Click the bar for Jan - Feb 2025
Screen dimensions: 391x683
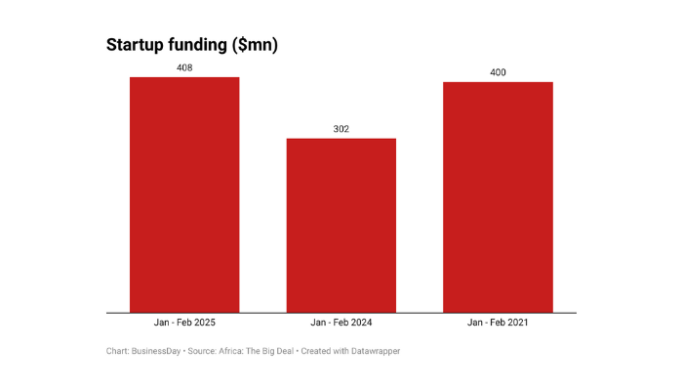(x=184, y=195)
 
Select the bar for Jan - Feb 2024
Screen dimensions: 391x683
(x=341, y=225)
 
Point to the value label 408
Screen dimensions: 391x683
(x=184, y=68)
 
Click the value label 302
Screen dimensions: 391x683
(x=341, y=129)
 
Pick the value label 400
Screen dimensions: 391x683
(x=498, y=72)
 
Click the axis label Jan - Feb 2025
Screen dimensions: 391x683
(x=184, y=322)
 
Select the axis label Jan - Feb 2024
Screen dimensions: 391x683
(x=341, y=322)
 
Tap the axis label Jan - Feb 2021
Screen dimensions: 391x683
(x=498, y=322)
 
